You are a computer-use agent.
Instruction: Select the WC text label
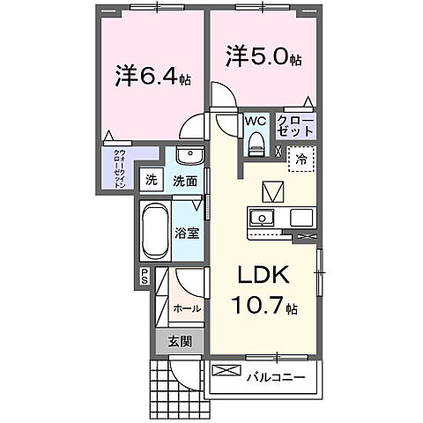point(256,120)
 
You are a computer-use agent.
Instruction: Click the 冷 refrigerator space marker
point(301,161)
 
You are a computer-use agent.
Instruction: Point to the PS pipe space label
point(145,278)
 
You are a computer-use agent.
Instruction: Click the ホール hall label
point(187,309)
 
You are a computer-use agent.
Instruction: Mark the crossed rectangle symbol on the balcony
point(226,370)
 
